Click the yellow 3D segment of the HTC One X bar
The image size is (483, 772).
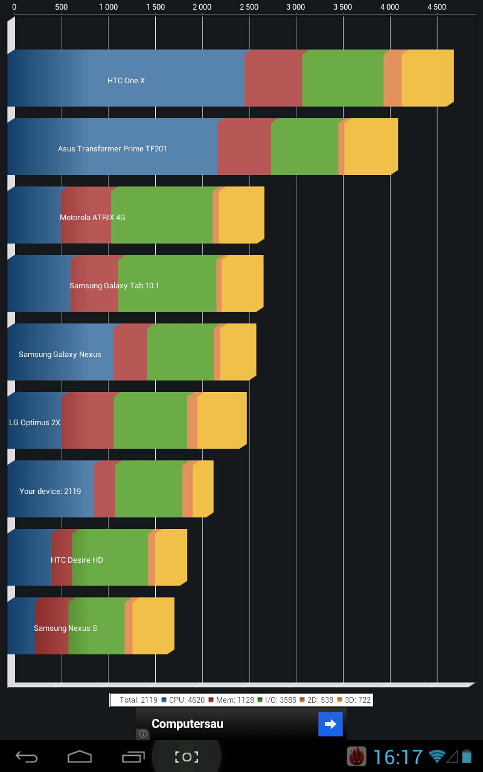(x=426, y=78)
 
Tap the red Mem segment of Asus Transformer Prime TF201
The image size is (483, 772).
(x=244, y=147)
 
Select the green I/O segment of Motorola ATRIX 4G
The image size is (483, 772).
(x=162, y=215)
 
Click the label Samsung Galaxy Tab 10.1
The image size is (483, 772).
(x=114, y=285)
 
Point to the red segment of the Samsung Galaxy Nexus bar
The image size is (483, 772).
(x=130, y=352)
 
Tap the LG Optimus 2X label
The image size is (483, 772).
(x=34, y=423)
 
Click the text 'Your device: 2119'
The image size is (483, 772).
(x=50, y=491)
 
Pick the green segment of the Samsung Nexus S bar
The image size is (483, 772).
(x=97, y=626)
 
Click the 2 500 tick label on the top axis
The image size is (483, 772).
(x=249, y=7)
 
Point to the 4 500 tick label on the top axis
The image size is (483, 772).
(x=437, y=7)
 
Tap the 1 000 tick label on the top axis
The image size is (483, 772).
(x=108, y=7)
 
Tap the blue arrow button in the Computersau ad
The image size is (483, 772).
(x=330, y=724)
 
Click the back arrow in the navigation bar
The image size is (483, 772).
(x=27, y=757)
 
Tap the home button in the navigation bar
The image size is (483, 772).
(x=80, y=757)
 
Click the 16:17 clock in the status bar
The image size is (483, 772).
(x=398, y=757)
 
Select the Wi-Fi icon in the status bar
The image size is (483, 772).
(x=437, y=756)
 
